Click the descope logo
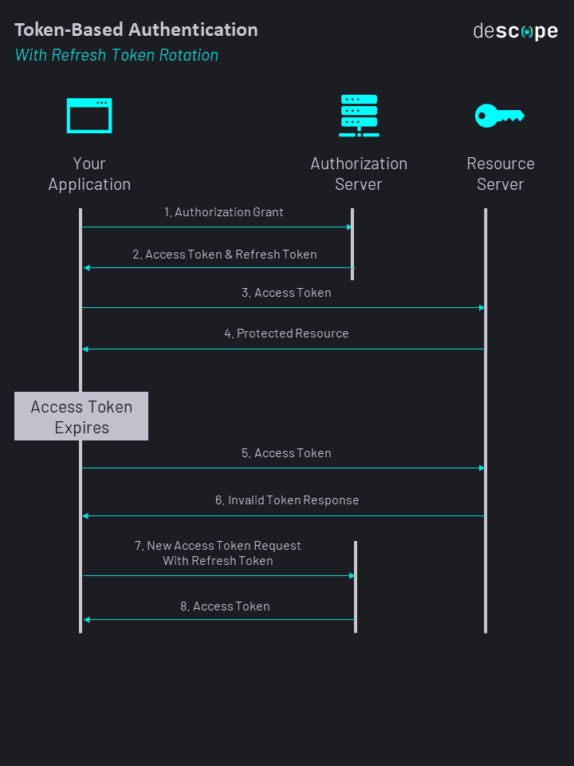515,32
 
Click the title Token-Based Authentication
136,30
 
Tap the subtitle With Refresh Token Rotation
116,55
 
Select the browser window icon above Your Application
89,116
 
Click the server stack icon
359,116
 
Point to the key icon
499,116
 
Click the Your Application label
89,174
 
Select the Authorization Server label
359,174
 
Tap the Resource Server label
501,174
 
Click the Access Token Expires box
81,417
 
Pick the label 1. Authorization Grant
224,212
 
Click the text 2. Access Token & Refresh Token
225,255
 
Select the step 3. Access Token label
287,293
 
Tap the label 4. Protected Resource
286,334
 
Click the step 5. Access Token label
287,453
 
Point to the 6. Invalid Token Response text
287,500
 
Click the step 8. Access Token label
225,606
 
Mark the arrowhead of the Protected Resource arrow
85,349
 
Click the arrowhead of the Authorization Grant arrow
349,227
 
